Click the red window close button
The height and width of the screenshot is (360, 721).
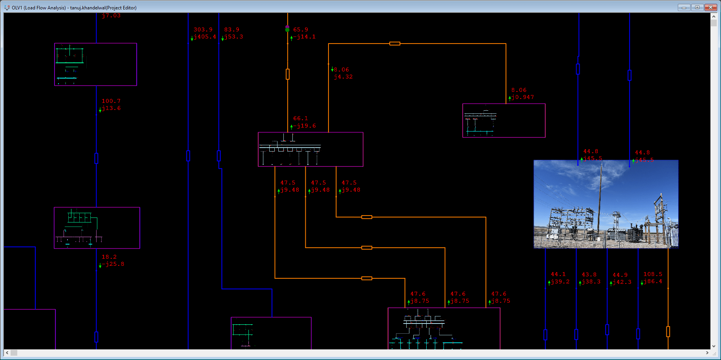710,7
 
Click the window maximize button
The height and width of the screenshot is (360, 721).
697,7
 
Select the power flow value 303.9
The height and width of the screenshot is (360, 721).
203,29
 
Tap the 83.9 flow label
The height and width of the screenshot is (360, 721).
232,29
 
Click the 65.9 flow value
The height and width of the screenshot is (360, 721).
301,29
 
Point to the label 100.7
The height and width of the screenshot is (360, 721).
111,101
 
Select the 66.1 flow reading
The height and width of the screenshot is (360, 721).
301,118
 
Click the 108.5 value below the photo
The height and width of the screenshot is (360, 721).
653,274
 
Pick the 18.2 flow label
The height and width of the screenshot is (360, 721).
109,257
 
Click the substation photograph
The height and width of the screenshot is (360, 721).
606,204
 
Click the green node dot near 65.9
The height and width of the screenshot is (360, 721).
287,30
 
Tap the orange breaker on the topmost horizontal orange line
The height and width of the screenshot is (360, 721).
395,44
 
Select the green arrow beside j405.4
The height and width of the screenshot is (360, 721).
192,38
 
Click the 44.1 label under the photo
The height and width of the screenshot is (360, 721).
558,274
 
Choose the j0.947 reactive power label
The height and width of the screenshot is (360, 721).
522,97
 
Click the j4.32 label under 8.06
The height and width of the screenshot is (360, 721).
343,77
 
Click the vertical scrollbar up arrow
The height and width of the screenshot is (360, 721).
714,16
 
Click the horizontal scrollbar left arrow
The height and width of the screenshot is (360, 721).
7,353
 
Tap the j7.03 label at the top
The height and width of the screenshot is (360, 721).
111,15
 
